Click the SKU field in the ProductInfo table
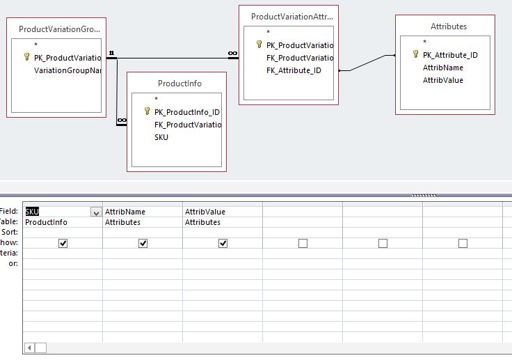pos(161,137)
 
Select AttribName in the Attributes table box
pos(442,68)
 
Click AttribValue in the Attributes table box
pos(442,80)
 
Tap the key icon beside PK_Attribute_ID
pos(415,54)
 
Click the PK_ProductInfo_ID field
pos(186,111)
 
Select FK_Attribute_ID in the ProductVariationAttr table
pos(294,70)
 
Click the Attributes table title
pos(449,26)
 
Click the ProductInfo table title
pos(179,84)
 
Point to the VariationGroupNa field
pos(67,70)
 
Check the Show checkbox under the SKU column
pos(63,243)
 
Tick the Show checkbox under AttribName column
pos(143,243)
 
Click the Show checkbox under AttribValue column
pos(223,243)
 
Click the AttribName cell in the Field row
pos(125,212)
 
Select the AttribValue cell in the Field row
pos(205,212)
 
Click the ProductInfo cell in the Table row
pos(46,222)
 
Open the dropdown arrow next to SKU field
pos(95,212)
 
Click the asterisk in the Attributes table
pos(425,42)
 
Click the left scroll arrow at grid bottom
pos(29,347)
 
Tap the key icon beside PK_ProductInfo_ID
pos(147,111)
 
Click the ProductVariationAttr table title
pos(291,15)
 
